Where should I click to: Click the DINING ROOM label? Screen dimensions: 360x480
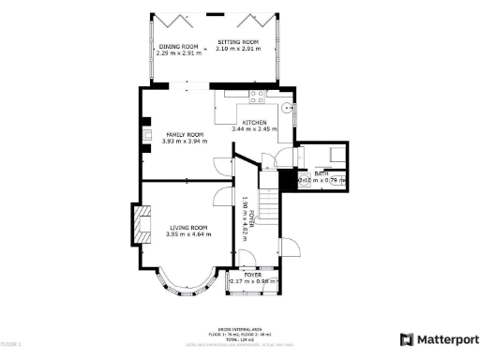click(177, 46)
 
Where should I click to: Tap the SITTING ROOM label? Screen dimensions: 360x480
click(238, 43)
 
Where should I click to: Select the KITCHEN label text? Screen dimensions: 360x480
click(255, 123)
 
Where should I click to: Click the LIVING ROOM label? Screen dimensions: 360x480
click(187, 227)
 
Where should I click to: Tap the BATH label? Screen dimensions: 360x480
click(321, 173)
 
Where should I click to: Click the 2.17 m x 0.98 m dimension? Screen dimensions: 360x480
click(254, 281)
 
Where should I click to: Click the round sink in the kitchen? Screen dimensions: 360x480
click(289, 106)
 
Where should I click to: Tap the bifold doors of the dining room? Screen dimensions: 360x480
click(170, 17)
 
